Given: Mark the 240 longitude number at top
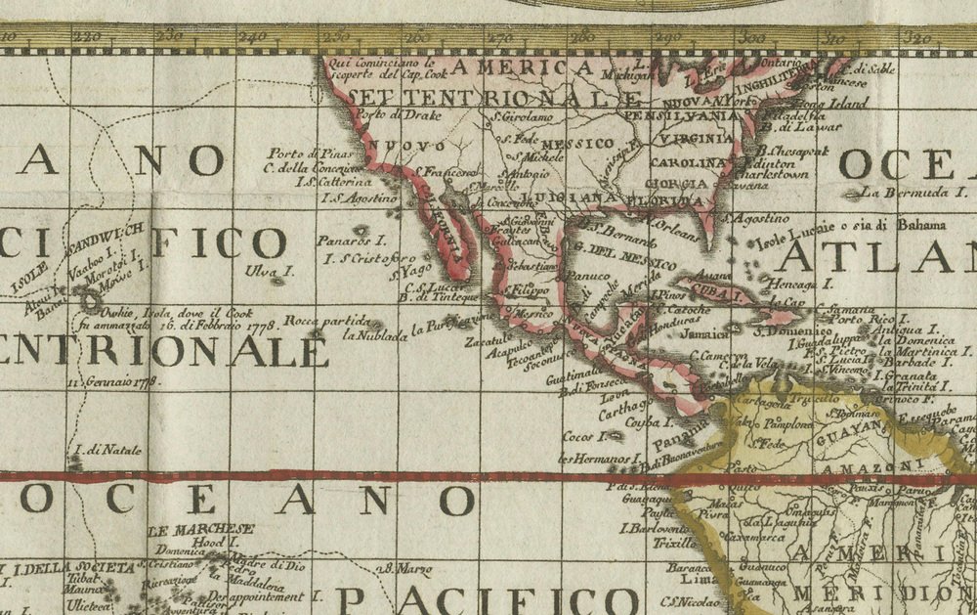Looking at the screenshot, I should pyautogui.click(x=251, y=36).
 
